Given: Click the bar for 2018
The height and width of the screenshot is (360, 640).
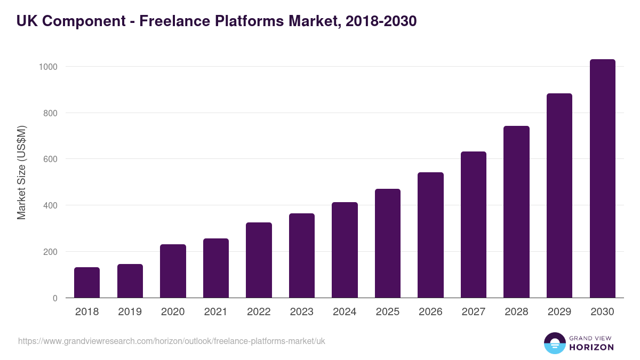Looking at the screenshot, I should (x=87, y=283).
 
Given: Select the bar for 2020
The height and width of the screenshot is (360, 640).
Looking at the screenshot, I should (x=173, y=271).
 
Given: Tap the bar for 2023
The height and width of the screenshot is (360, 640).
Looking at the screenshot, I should (x=302, y=255).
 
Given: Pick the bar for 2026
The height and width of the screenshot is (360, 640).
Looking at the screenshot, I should (x=430, y=235).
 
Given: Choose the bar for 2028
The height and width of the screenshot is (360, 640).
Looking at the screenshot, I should (x=516, y=212).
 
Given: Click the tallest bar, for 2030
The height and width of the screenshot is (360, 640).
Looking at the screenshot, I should (x=602, y=179).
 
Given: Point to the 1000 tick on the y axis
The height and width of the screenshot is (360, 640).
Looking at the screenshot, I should (x=47, y=67).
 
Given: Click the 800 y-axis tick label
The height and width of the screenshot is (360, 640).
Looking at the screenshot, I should (x=50, y=113).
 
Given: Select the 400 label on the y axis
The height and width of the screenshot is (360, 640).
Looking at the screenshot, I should (x=50, y=205).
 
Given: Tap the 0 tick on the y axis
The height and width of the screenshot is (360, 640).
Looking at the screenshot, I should (x=55, y=298).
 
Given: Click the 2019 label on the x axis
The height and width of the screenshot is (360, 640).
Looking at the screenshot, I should (x=130, y=312).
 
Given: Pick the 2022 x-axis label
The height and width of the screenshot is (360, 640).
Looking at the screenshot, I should (x=259, y=312).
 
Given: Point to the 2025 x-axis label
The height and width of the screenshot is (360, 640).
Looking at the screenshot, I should (x=387, y=312).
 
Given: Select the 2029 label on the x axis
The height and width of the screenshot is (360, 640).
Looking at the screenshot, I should (x=559, y=312).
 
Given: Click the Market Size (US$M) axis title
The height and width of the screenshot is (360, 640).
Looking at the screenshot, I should (x=21, y=173).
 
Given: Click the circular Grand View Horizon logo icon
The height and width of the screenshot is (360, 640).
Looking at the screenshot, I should (x=555, y=343).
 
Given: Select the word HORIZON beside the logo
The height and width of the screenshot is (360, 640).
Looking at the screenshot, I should (x=591, y=347).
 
